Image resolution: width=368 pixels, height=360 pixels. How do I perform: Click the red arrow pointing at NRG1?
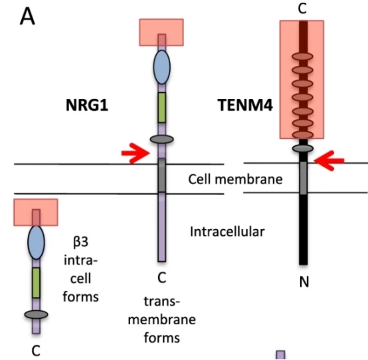pyautogui.click(x=136, y=154)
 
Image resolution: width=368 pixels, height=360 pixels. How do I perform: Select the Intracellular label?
pyautogui.click(x=227, y=232)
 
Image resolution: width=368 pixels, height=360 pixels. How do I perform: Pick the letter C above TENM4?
pyautogui.click(x=303, y=9)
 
